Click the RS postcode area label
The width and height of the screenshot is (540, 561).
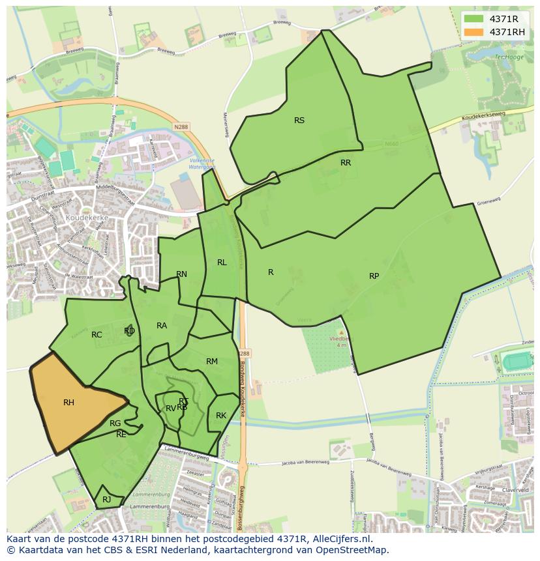pos(299,120)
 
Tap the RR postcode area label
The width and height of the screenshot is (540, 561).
pos(346,163)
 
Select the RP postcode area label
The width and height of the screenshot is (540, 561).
pos(374,276)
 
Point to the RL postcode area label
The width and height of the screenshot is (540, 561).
pos(222,263)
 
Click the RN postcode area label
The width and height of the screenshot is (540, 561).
pos(181,274)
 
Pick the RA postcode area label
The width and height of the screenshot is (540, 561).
pos(162,326)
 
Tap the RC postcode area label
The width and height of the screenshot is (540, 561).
pos(97,335)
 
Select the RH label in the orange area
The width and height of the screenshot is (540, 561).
pos(68,403)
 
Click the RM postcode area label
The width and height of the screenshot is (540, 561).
pos(212,362)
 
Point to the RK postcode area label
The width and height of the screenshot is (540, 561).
pos(221,416)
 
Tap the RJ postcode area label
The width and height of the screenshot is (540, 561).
pos(106,500)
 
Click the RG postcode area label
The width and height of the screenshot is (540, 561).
pos(115,424)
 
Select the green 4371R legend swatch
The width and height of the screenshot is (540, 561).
pos(474,19)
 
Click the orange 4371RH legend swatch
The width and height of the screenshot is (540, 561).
pos(474,32)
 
